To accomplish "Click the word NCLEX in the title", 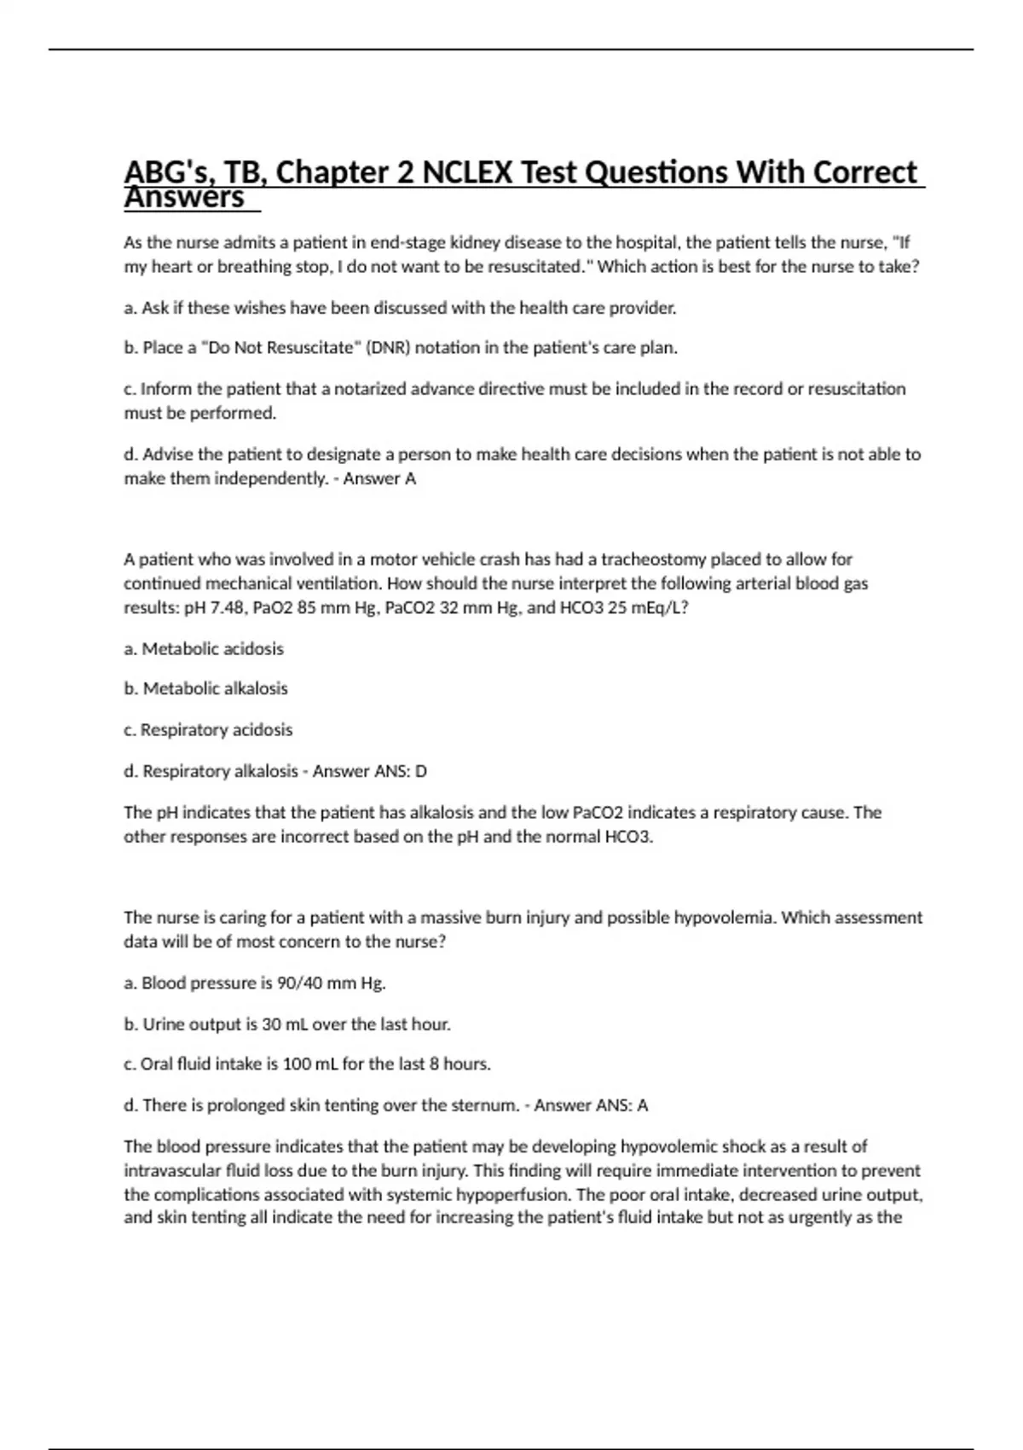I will click(x=467, y=173).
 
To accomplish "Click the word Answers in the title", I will click(x=184, y=198).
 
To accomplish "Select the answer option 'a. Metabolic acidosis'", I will click(x=204, y=649).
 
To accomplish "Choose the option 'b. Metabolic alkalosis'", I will click(x=205, y=688).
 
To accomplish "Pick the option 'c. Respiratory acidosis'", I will click(x=208, y=730).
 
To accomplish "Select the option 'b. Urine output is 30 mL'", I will click(x=287, y=1024).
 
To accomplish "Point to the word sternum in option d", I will click(x=483, y=1105).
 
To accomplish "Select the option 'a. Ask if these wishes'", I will click(x=400, y=308).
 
